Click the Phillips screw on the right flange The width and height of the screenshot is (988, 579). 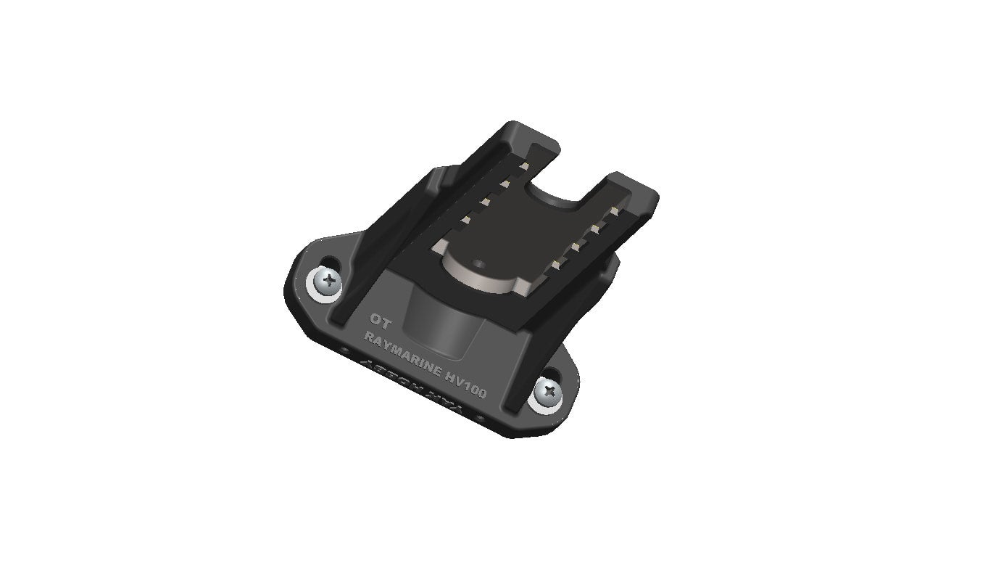(549, 392)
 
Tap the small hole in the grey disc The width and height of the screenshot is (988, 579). (479, 263)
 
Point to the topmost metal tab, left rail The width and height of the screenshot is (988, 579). (522, 167)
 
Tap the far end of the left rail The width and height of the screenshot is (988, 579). (533, 131)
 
